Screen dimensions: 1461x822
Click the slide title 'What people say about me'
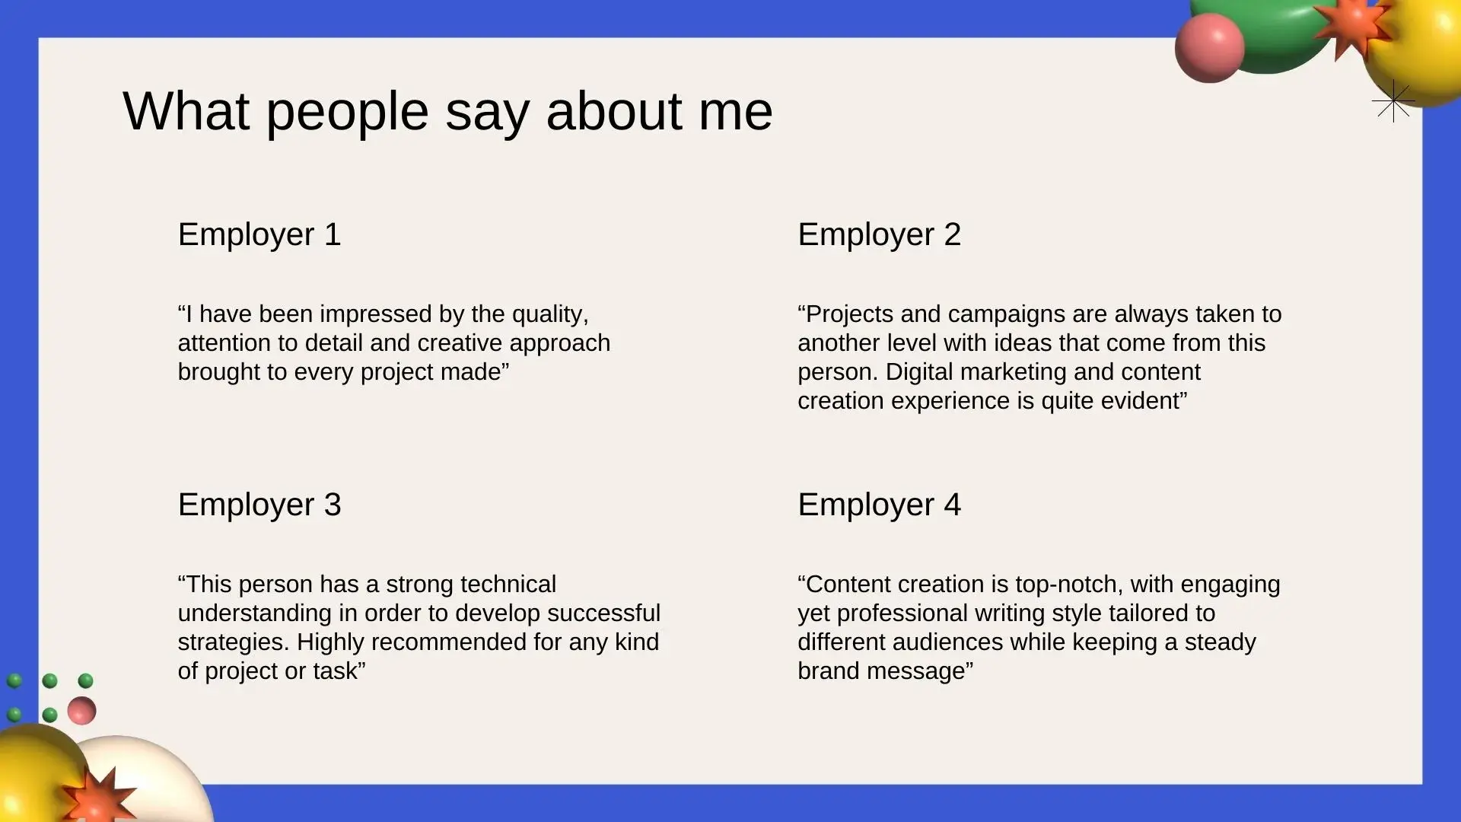coord(447,112)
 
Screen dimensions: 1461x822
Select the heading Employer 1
coord(259,234)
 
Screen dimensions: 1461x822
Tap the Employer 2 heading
coord(880,234)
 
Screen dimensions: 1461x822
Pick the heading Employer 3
coord(259,505)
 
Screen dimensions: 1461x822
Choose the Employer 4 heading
coord(880,505)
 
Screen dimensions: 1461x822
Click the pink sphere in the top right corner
coord(1210,47)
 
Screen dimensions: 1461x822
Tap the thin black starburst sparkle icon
coord(1393,100)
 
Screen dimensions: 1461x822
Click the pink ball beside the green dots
coord(81,711)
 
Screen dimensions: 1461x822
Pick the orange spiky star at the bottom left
coord(98,797)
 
